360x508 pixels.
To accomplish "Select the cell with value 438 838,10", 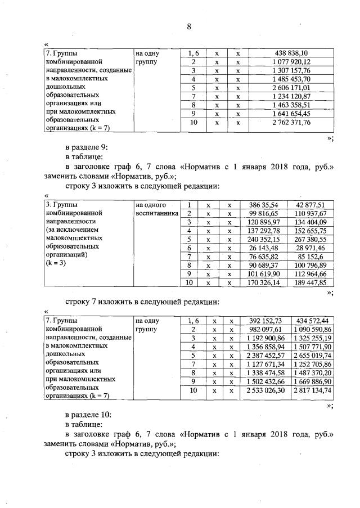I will tap(291, 53).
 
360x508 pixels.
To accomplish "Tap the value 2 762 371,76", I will tap(291, 123).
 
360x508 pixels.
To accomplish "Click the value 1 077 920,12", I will tap(291, 62).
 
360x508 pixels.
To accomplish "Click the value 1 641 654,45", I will tap(291, 114).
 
